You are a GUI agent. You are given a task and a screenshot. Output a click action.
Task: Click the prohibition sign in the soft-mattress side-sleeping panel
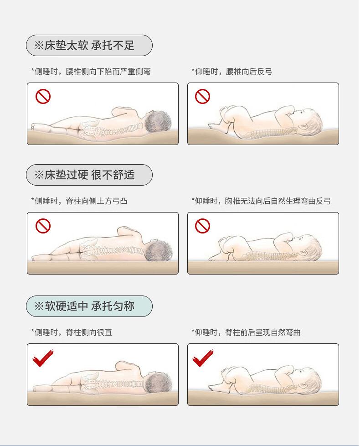coord(43,96)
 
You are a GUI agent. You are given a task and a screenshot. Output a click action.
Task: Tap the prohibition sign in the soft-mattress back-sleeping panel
coord(202,96)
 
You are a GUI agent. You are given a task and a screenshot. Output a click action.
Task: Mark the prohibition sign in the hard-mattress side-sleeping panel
coord(43,226)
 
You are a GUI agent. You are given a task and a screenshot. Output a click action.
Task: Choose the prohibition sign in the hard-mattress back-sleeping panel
coord(202,226)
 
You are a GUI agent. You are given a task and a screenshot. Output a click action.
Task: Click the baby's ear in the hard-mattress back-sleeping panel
coord(304,253)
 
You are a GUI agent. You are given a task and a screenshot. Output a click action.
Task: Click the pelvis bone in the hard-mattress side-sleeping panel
coord(89,249)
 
